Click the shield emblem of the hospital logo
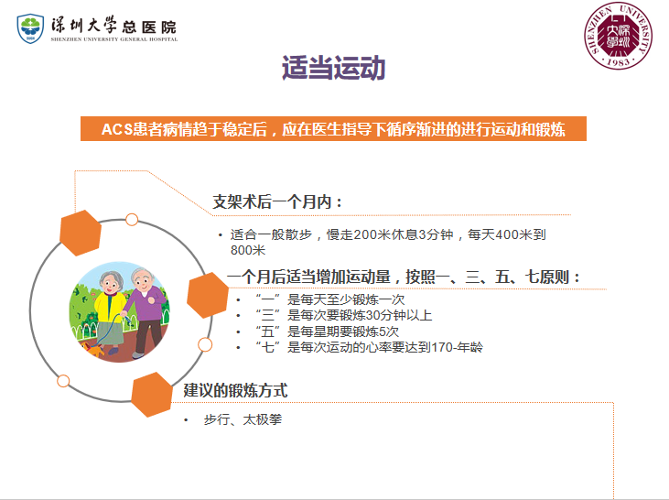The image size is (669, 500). pos(30,28)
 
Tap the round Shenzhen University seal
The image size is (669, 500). pos(618,36)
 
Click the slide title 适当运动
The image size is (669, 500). pos(334,68)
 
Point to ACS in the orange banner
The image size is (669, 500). pos(118,129)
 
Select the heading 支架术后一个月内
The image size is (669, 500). pos(272,202)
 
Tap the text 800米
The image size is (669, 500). pos(248,250)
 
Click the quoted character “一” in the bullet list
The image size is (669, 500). pos(267,299)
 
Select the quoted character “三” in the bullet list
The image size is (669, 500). pos(267,315)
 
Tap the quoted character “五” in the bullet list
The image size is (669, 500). pos(267,332)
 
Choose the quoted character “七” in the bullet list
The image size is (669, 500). pos(267,347)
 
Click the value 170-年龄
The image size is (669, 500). pos(457,347)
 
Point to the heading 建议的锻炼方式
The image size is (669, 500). pos(235,391)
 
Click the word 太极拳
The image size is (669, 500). pos(263,419)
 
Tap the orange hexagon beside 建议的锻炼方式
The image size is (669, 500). pos(152,395)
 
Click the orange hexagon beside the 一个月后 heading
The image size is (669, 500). pos(208,295)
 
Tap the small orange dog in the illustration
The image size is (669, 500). pos(93,349)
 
